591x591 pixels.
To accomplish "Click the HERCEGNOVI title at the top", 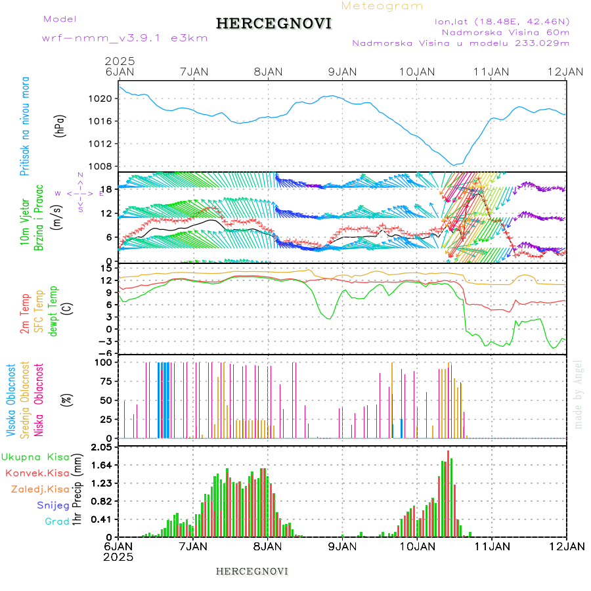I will (274, 24).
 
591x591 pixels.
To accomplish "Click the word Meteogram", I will (383, 6).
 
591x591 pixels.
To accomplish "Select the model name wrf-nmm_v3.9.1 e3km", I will (125, 37).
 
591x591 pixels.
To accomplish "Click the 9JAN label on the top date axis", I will (342, 71).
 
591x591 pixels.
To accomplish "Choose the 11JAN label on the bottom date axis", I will (492, 546).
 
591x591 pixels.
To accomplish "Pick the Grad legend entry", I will (57, 521).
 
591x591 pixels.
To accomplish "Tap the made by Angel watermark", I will (579, 394).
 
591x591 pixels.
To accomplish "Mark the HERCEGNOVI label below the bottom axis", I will (252, 571).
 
